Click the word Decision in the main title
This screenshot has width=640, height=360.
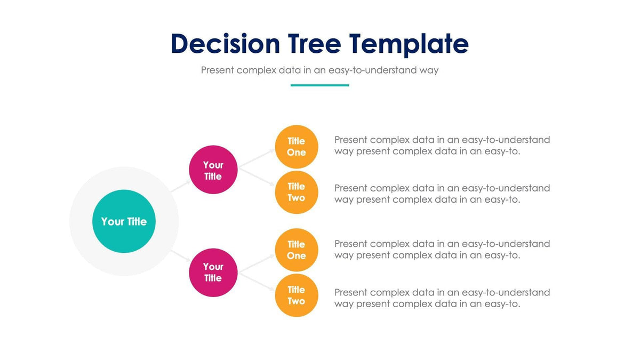225,44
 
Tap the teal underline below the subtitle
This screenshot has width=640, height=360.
319,85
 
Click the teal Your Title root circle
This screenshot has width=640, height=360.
124,221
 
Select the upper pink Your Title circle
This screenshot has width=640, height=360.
213,170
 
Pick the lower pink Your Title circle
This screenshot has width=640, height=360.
213,272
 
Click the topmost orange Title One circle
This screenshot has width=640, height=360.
297,147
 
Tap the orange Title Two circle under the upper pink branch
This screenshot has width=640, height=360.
297,192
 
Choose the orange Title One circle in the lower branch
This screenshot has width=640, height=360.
297,250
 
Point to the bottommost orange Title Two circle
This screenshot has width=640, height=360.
297,295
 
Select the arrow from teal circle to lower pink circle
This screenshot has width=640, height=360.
180,255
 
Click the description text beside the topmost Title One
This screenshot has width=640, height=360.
442,146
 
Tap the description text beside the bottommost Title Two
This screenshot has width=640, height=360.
442,298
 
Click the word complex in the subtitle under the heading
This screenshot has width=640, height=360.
257,70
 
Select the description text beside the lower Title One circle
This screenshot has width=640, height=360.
442,249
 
